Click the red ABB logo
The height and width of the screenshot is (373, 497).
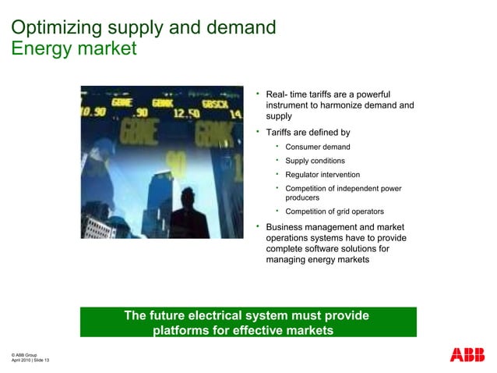tap(467, 355)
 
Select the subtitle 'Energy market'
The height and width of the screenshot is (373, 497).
tap(74, 48)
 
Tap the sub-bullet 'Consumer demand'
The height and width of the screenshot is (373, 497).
tap(317, 147)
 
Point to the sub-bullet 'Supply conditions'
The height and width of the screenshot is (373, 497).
tap(315, 161)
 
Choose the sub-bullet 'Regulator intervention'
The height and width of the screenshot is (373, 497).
tap(323, 175)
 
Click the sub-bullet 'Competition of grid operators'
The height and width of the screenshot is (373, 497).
tap(333, 211)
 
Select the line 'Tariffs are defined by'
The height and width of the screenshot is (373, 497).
tap(308, 132)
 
